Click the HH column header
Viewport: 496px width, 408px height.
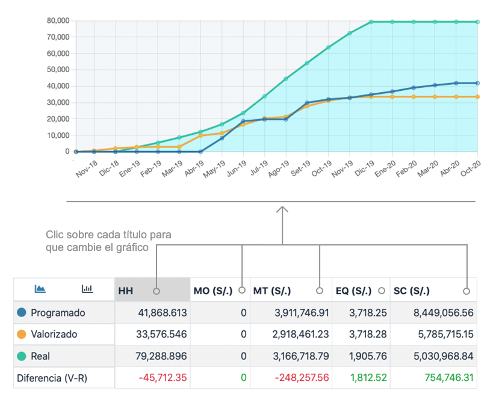(x=126, y=291)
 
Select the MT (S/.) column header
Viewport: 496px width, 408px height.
(x=271, y=291)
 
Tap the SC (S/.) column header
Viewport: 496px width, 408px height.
(x=412, y=291)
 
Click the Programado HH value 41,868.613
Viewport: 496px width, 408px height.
(x=163, y=313)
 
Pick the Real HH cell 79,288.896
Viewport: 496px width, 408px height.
(x=161, y=356)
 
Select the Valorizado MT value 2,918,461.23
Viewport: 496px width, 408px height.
(x=300, y=335)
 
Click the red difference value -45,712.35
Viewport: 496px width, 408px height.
(x=163, y=378)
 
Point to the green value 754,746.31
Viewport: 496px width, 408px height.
(x=449, y=378)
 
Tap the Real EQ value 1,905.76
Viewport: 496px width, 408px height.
(x=368, y=356)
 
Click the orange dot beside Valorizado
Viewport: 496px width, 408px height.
(x=22, y=335)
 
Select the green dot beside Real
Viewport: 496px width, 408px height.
(x=22, y=356)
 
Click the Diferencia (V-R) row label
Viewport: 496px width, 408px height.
(x=52, y=378)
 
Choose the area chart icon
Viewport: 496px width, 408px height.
(x=40, y=288)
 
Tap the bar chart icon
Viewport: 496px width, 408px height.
(x=87, y=288)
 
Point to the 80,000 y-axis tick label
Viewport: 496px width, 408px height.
(x=58, y=21)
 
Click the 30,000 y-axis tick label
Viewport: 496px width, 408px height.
(x=58, y=102)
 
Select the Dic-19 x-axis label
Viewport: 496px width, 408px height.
(x=364, y=168)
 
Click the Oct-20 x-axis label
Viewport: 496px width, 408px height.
(x=471, y=168)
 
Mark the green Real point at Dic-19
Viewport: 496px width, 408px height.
(x=371, y=22)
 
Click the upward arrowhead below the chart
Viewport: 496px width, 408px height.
(x=282, y=209)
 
